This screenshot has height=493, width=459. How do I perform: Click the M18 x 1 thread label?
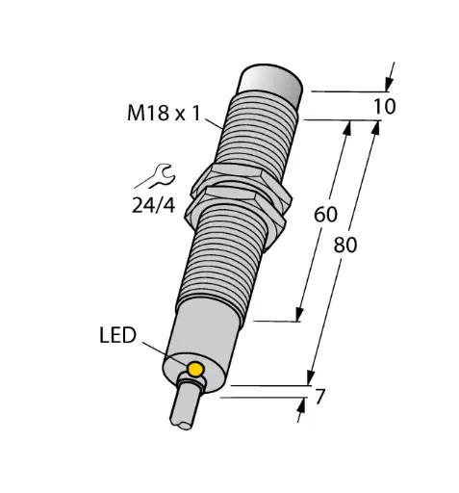click(166, 114)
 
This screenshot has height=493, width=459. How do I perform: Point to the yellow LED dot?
click(196, 370)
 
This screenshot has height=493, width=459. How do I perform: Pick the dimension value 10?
click(384, 106)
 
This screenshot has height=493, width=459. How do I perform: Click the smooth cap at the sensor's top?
click(271, 84)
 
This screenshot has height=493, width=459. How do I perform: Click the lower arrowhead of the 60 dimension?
click(301, 314)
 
